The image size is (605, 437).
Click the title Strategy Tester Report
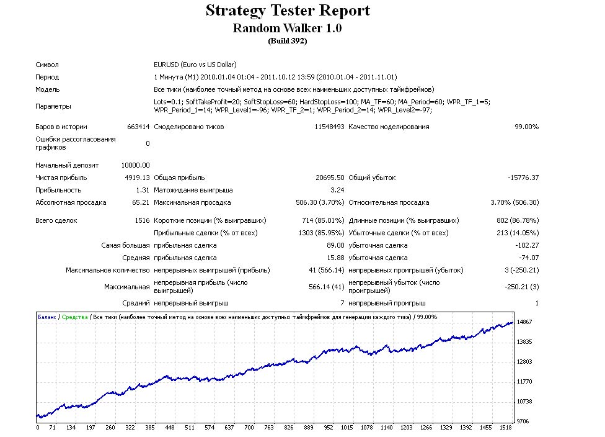click(x=288, y=11)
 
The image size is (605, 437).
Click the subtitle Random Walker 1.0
click(x=287, y=28)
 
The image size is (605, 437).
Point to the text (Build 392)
click(x=288, y=41)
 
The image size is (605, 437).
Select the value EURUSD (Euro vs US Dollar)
click(x=195, y=65)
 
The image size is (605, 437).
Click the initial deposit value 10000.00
click(x=135, y=165)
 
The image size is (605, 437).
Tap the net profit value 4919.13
click(x=137, y=178)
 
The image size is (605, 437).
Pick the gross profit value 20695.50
click(x=330, y=178)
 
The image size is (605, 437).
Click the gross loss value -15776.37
click(x=523, y=178)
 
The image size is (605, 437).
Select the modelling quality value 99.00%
click(x=527, y=127)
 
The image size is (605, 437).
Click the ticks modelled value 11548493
click(x=329, y=127)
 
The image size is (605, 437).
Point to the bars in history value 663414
click(x=138, y=127)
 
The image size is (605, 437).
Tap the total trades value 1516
click(x=142, y=220)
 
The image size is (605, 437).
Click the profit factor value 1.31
click(x=143, y=190)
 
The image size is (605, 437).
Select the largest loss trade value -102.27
click(x=527, y=245)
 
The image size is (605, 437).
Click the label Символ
click(x=47, y=65)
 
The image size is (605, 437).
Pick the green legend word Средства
click(x=75, y=317)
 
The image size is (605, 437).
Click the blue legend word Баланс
click(x=47, y=317)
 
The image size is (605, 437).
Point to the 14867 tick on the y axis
click(x=524, y=322)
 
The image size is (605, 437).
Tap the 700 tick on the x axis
click(x=249, y=427)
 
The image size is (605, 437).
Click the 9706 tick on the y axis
click(x=523, y=421)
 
